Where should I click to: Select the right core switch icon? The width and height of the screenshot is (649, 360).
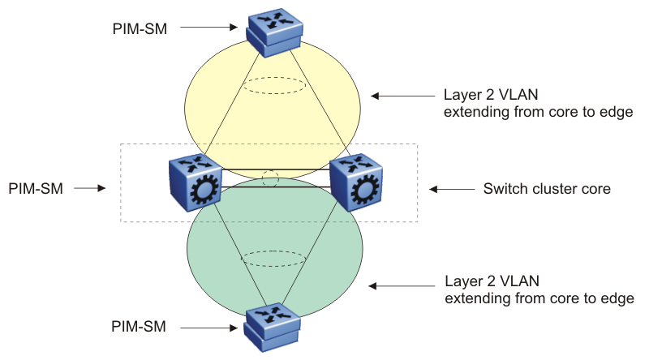(x=356, y=183)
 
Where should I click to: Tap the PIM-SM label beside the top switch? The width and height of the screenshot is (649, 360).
(x=140, y=28)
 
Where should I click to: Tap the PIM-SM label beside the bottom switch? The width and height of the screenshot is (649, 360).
(x=139, y=327)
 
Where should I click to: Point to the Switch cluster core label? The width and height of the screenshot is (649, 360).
(x=546, y=189)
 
